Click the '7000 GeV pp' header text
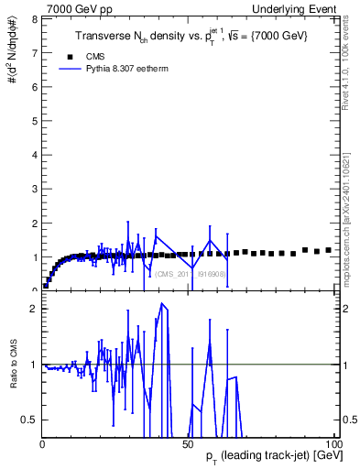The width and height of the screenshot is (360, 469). tap(79, 8)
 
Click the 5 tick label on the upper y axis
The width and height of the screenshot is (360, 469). tap(36, 121)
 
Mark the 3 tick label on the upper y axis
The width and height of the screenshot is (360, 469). tap(36, 189)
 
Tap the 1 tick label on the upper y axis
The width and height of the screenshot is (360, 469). tap(36, 256)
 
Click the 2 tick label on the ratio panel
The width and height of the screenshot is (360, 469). tap(36, 309)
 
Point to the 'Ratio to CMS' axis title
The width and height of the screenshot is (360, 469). tap(12, 376)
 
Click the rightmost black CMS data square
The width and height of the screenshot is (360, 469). tap(328, 249)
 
